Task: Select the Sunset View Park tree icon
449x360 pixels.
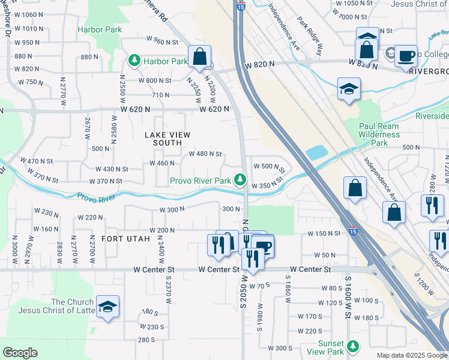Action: click(354, 346)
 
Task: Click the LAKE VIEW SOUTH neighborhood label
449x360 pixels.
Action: click(163, 139)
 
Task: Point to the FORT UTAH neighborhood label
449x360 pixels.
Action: click(124, 238)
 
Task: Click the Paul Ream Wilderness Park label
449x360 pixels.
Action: click(379, 134)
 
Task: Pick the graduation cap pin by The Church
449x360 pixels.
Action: click(107, 307)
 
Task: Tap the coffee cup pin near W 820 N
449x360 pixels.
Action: click(406, 56)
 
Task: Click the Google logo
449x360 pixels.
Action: click(20, 353)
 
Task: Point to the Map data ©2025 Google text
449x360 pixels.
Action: click(412, 355)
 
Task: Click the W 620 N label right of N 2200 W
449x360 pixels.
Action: click(215, 109)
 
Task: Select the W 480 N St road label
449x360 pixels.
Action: click(206, 154)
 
